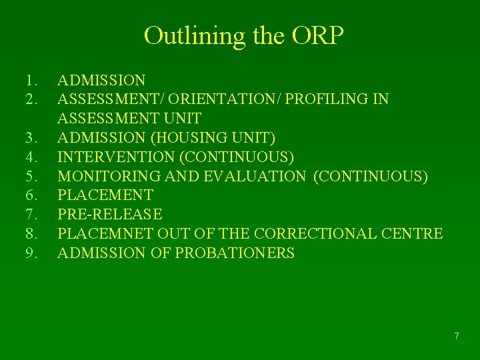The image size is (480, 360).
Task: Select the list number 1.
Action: click(x=29, y=81)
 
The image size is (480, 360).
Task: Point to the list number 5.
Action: click(x=29, y=176)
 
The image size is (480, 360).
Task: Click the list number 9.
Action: click(x=29, y=253)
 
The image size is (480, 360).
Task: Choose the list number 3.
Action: click(x=29, y=138)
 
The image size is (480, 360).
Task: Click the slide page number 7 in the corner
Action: click(x=456, y=336)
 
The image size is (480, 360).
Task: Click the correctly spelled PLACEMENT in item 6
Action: click(x=105, y=195)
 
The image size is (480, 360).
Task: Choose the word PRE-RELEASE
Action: click(x=110, y=215)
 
